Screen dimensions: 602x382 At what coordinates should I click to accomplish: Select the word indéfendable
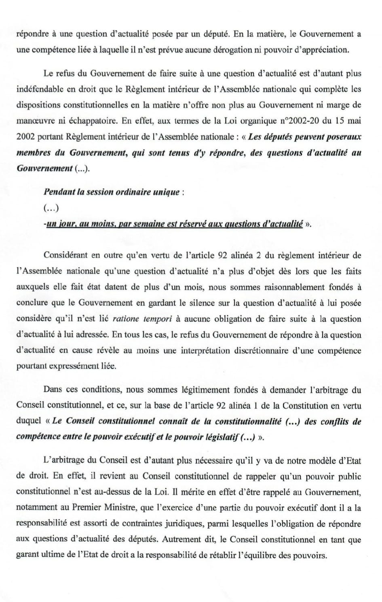[x=40, y=89]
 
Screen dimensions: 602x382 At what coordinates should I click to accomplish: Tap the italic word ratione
[x=126, y=319]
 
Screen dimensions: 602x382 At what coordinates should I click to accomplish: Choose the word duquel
[x=29, y=421]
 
